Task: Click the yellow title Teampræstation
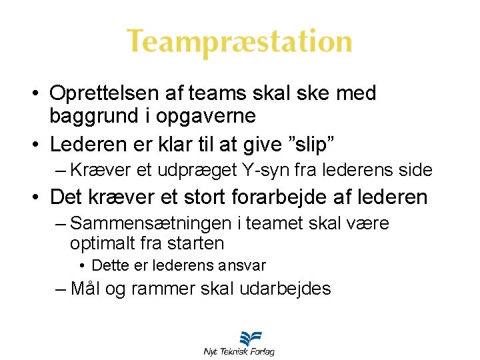pos(239,41)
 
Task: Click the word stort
pos(204,197)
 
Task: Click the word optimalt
pos(102,243)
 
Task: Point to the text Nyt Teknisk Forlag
pos(239,351)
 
